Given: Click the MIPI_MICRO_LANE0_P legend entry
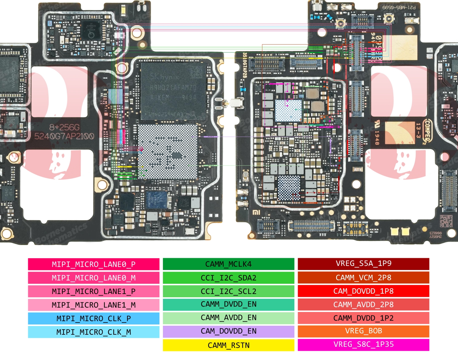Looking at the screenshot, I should tap(93, 264).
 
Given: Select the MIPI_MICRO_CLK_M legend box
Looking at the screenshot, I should tap(93, 332).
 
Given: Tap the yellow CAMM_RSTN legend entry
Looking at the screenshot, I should tap(228, 345).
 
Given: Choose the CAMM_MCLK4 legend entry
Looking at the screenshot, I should tap(228, 264).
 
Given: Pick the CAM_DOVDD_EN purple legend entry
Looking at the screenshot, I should tap(228, 331).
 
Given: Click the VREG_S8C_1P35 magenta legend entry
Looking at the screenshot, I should tap(363, 345).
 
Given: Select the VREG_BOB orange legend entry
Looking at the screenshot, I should tap(363, 331).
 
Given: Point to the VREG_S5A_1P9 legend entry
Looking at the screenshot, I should tap(363, 264).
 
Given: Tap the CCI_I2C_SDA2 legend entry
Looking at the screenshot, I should tap(228, 278).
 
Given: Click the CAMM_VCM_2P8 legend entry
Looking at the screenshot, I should tap(363, 278).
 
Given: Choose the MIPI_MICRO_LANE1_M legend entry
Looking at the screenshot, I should tap(93, 305).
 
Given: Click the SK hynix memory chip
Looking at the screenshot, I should tap(173, 91).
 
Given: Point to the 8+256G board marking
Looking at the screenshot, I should tap(64, 127).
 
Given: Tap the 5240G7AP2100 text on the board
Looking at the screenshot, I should tap(64, 136).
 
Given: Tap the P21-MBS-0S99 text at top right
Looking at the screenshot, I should tap(399, 7).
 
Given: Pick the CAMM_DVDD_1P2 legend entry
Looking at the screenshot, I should tap(363, 318).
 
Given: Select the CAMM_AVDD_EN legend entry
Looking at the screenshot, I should tap(228, 318).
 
